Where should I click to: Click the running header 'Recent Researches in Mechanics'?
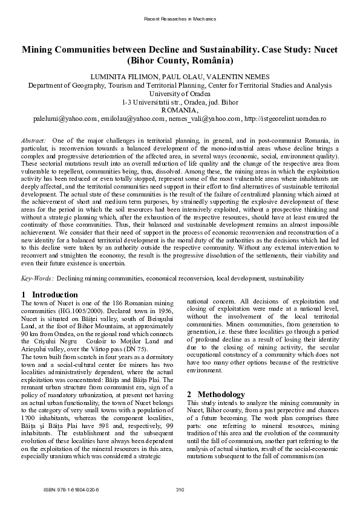(x=180, y=19)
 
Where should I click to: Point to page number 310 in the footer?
(x=180, y=490)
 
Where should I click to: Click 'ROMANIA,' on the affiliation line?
(x=180, y=111)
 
